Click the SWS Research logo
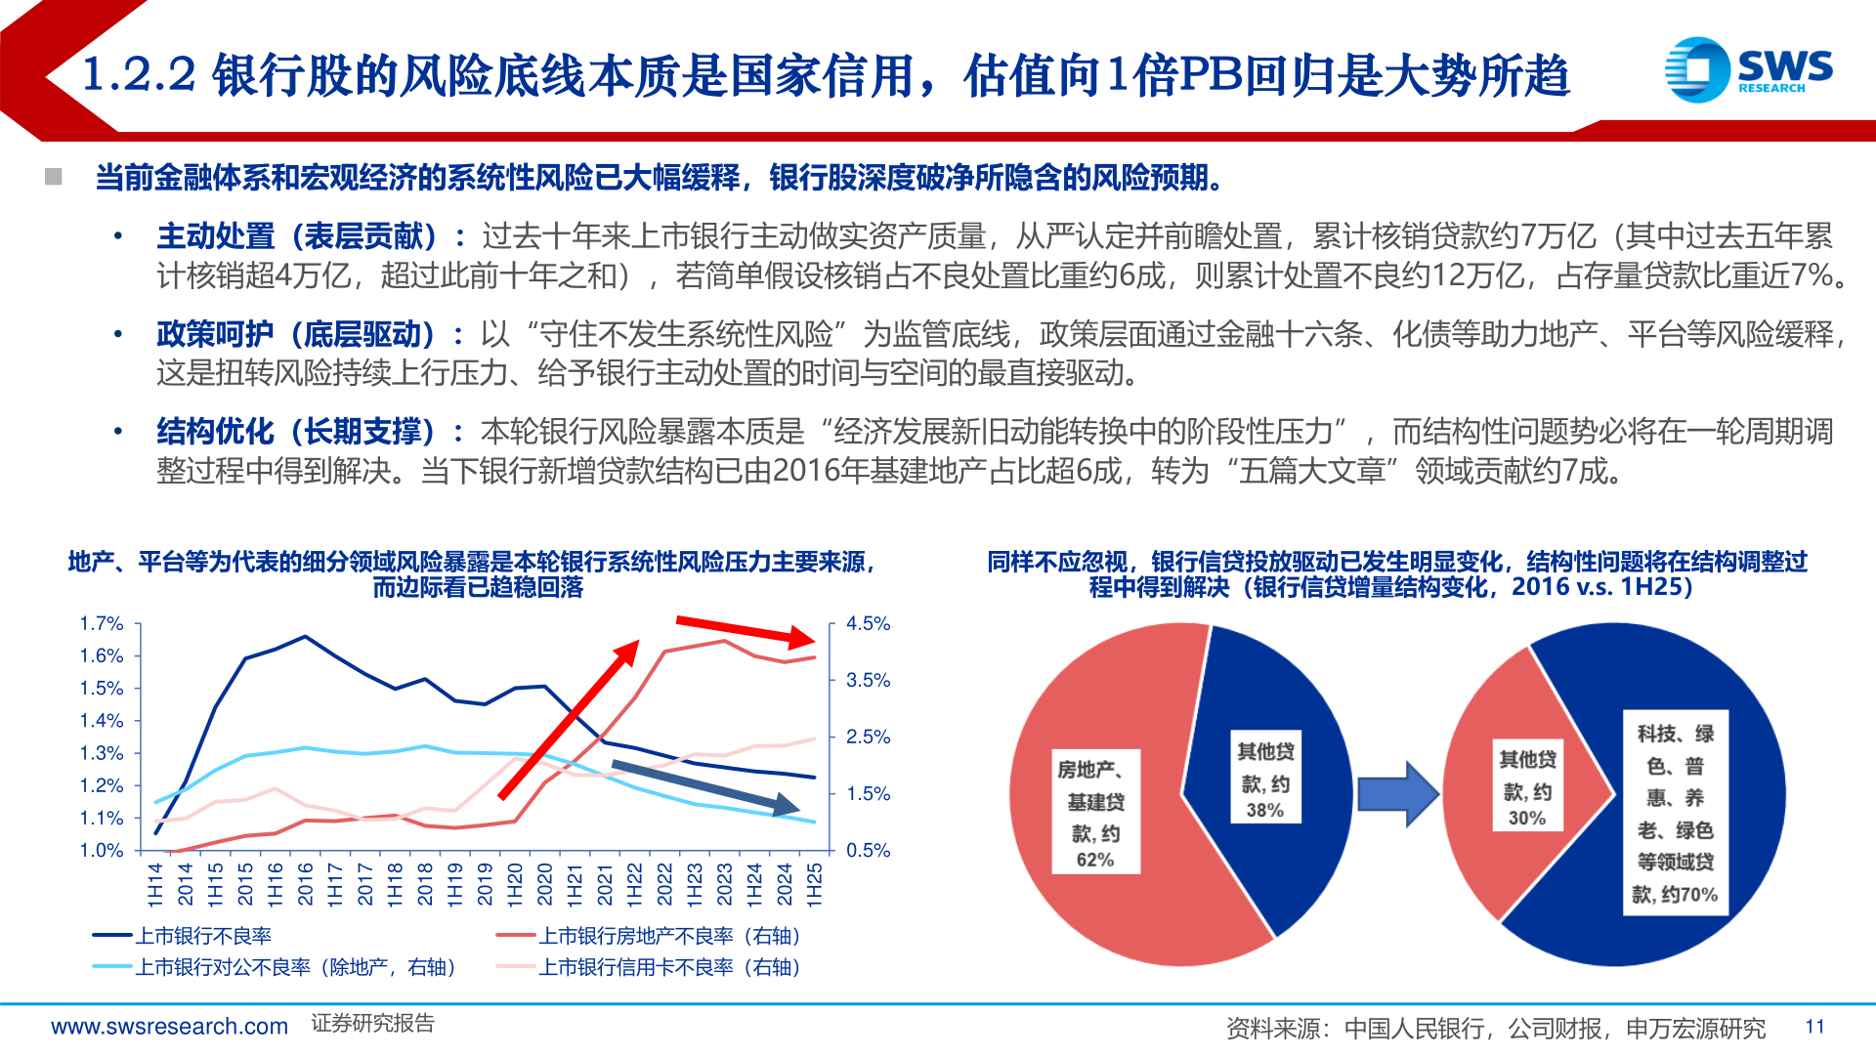click(1748, 69)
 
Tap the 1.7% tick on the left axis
click(102, 623)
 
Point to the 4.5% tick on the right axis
click(868, 623)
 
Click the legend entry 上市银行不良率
click(202, 936)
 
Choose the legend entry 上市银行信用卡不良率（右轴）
click(669, 967)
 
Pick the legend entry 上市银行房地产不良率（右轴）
click(669, 936)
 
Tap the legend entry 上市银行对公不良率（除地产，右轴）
click(294, 967)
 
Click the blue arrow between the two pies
click(1398, 793)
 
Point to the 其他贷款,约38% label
click(1265, 780)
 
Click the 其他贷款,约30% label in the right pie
click(1527, 787)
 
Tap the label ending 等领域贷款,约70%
click(1675, 813)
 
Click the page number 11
click(1814, 1027)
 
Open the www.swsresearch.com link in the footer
click(169, 1027)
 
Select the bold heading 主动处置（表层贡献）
click(296, 236)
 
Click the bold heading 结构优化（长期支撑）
click(296, 432)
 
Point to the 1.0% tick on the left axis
click(102, 850)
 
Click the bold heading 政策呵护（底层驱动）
click(296, 334)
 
